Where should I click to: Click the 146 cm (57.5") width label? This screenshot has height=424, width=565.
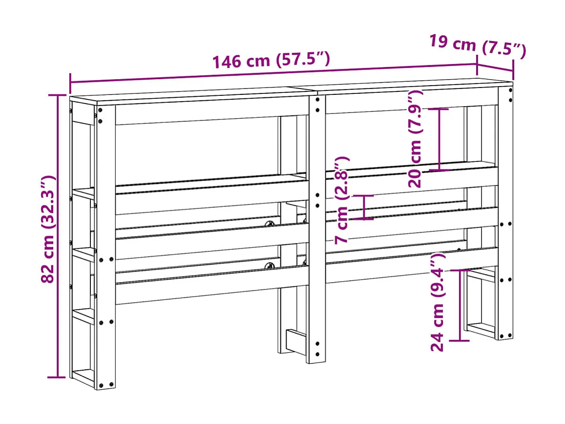coord(271,60)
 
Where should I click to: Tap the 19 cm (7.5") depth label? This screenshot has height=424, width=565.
coord(477,45)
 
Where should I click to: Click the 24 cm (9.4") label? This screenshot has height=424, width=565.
coord(438,302)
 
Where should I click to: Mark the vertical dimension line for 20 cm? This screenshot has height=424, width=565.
coord(439,139)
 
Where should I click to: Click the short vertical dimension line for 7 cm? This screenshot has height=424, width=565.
coord(364,207)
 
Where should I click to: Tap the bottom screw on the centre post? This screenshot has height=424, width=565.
coord(318,354)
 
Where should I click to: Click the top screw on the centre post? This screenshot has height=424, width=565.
coord(318,100)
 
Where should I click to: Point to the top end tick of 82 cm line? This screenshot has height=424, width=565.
coord(57,95)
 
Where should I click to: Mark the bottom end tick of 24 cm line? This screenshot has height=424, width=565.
coord(460,340)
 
